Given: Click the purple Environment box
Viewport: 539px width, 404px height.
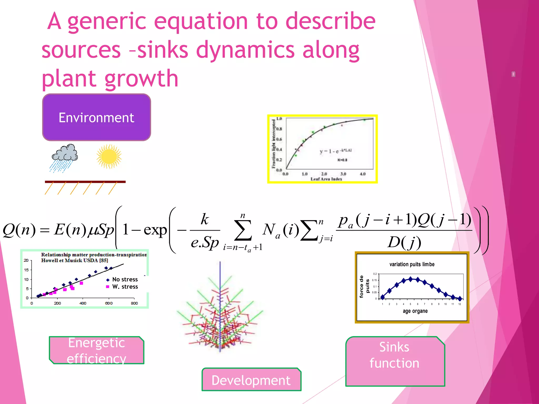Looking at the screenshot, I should point(96,117).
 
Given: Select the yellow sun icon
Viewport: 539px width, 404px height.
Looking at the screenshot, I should point(109,156).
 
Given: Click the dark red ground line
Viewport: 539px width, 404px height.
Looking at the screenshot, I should point(85,182).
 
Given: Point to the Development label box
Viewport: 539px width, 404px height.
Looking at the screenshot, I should point(251,380).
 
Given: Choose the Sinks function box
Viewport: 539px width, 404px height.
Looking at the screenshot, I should point(395,361).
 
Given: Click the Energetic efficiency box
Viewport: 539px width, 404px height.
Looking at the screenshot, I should point(97,350).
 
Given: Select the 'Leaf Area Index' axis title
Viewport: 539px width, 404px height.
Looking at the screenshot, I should point(326,179).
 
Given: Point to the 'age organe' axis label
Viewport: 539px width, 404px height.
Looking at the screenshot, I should point(415,311).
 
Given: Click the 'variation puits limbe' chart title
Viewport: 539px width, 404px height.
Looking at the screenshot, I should point(412,264).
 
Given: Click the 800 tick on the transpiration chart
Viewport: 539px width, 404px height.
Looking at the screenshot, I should point(134,303).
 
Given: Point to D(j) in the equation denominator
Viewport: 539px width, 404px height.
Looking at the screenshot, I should point(404,242).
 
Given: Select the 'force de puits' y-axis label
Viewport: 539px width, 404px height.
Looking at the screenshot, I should point(364,286).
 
